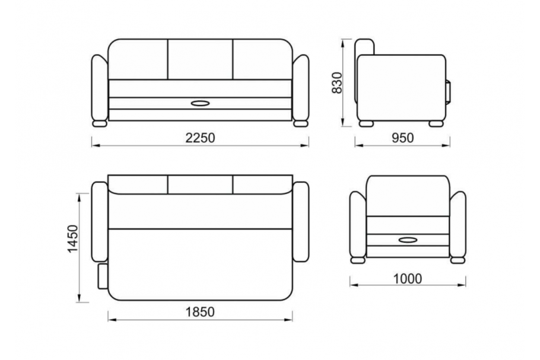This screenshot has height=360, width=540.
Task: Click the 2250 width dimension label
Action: [200, 138]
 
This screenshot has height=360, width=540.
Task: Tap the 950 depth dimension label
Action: [402, 138]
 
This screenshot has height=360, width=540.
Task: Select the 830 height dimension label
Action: [337, 82]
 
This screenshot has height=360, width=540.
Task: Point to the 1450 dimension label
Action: [73, 238]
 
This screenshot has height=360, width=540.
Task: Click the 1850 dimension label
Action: [200, 312]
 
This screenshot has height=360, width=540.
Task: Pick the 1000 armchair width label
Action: [408, 279]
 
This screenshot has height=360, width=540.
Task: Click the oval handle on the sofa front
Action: [200, 103]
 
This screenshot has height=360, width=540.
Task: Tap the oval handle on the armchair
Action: [408, 240]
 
